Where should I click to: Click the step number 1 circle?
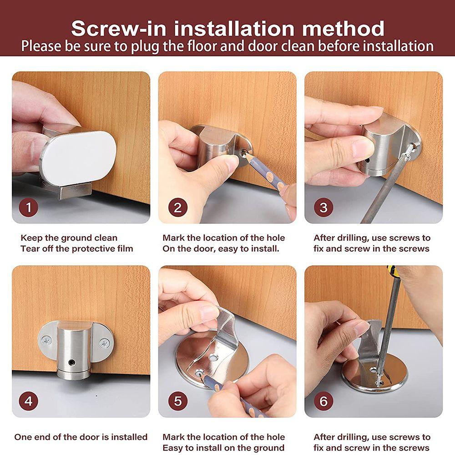[x=28, y=207]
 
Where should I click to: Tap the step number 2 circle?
[x=177, y=207]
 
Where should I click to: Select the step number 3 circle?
[x=324, y=207]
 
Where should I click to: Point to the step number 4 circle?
[x=28, y=401]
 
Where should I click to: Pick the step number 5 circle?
[x=177, y=401]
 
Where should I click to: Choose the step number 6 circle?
[x=324, y=401]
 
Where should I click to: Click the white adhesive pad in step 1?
[x=78, y=158]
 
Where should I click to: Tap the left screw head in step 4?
[x=46, y=339]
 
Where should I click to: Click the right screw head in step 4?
[x=104, y=344]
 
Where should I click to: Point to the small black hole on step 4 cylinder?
[x=71, y=362]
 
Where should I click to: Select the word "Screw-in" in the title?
[x=118, y=28]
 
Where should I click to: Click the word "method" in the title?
[x=343, y=28]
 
